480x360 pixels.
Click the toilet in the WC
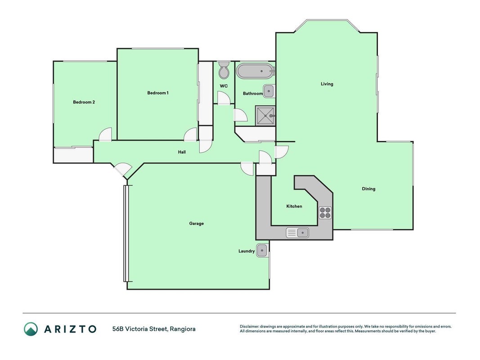pyautogui.click(x=224, y=70)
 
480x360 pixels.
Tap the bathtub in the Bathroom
pyautogui.click(x=256, y=72)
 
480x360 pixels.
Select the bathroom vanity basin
pyautogui.click(x=269, y=91)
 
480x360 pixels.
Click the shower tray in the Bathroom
pyautogui.click(x=265, y=115)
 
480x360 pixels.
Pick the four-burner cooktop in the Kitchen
pyautogui.click(x=325, y=213)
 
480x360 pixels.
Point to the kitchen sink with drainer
pyautogui.click(x=297, y=233)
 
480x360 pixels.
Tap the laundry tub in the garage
pyautogui.click(x=262, y=251)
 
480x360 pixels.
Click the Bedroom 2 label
pyautogui.click(x=84, y=102)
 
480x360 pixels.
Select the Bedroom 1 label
pyautogui.click(x=158, y=93)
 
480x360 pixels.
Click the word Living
pyautogui.click(x=327, y=84)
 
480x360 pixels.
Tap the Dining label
pyautogui.click(x=368, y=189)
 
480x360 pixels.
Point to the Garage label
pyautogui.click(x=196, y=224)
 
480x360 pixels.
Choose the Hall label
pyautogui.click(x=182, y=152)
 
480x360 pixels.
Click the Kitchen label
pyautogui.click(x=294, y=207)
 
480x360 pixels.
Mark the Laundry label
pyautogui.click(x=247, y=251)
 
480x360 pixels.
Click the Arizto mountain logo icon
pyautogui.click(x=31, y=329)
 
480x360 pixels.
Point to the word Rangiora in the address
pyautogui.click(x=183, y=329)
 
